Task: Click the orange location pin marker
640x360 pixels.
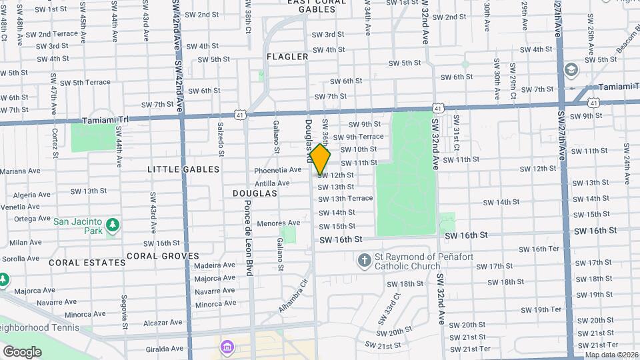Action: tap(321, 159)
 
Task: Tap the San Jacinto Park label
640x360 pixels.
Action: tap(78, 227)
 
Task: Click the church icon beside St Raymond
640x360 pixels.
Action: tap(364, 259)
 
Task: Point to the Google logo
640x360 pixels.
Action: tap(22, 351)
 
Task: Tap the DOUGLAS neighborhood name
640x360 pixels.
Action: tap(255, 193)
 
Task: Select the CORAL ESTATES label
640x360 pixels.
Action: tap(78, 263)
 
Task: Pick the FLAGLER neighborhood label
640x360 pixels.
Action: tap(287, 57)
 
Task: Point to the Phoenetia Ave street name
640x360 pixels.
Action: tap(278, 170)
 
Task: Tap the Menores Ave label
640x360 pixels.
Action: tap(278, 223)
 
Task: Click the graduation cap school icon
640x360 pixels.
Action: tap(571, 69)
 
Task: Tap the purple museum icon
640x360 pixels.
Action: tap(227, 347)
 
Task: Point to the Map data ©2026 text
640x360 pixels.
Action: tap(611, 355)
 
